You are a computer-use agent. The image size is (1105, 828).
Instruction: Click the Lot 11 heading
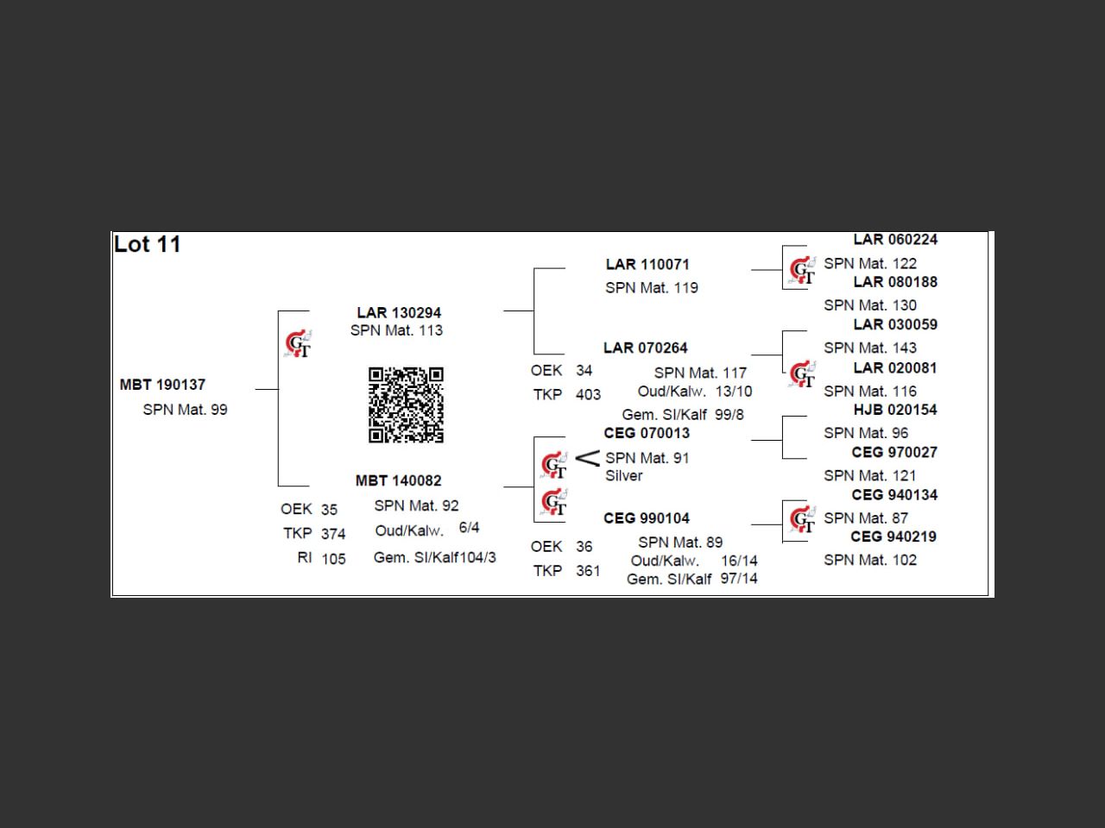tap(148, 244)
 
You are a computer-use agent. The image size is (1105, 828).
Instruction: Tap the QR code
tap(406, 405)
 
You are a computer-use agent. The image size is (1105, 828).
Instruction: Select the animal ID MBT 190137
tap(162, 385)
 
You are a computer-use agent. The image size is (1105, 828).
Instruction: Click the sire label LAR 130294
tap(399, 312)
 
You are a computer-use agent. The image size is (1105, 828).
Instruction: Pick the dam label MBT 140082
tap(398, 480)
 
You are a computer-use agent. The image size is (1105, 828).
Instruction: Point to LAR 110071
tap(647, 265)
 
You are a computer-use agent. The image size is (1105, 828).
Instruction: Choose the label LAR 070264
tap(646, 348)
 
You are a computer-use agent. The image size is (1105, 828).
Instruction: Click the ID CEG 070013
tap(647, 433)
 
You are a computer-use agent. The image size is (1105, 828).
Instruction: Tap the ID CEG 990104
tap(647, 518)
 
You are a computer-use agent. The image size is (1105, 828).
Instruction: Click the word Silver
tap(623, 476)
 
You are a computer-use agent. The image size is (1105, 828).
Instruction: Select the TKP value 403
tap(588, 395)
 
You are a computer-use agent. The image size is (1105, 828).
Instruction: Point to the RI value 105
tap(333, 559)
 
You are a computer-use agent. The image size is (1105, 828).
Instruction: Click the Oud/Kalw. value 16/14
tap(739, 561)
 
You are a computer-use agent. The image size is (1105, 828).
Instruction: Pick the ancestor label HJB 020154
tap(895, 410)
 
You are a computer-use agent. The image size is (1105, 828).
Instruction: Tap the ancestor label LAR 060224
tap(895, 240)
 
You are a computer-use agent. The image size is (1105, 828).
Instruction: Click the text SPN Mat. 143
tap(870, 348)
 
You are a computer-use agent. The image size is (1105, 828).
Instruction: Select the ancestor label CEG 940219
tap(893, 536)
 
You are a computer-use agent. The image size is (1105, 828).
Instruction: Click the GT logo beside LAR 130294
tap(298, 343)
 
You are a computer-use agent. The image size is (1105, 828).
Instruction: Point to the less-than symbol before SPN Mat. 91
tap(587, 458)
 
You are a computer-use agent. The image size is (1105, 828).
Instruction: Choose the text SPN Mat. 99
tap(185, 410)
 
